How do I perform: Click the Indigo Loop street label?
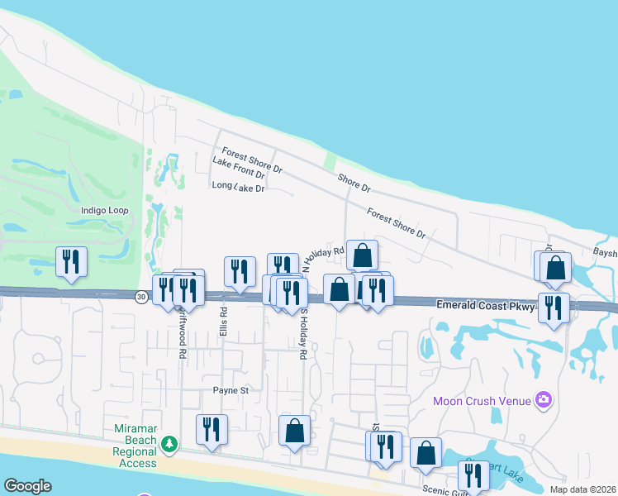coord(105,211)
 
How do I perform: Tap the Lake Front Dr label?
coord(238,169)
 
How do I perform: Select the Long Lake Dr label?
coord(238,188)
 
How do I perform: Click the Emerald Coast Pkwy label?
coord(487,307)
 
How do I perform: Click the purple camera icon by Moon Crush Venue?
coord(543,400)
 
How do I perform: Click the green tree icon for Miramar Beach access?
coord(169,445)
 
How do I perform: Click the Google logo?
coord(27,486)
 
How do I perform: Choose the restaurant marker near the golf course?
coord(71,262)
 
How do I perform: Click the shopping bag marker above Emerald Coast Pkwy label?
coord(556,267)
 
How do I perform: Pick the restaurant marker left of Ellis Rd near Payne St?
coord(212,430)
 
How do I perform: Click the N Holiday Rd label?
coord(322,255)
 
